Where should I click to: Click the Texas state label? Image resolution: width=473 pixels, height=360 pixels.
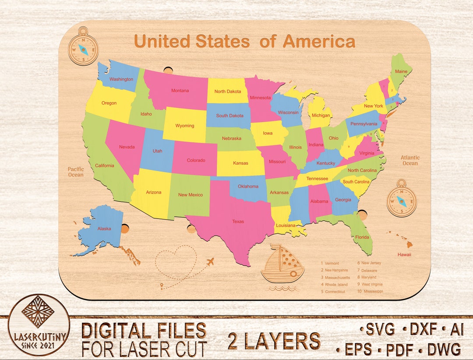click(x=238, y=222)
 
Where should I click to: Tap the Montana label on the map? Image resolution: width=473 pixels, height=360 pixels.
click(x=180, y=91)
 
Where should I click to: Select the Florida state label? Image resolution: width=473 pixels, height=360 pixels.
click(x=362, y=237)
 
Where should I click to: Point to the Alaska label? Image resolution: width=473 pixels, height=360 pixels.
click(x=104, y=229)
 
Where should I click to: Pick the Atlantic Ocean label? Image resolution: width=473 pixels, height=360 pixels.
click(x=410, y=160)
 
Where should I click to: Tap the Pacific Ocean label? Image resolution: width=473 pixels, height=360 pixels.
click(x=75, y=172)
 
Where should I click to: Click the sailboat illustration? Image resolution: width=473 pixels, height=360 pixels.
click(x=282, y=264)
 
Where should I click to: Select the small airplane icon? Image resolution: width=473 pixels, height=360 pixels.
click(x=210, y=262)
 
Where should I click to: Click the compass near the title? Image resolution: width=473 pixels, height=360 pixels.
click(x=83, y=46)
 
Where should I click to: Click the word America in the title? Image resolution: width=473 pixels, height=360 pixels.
click(x=319, y=42)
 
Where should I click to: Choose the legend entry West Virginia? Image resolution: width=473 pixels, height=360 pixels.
click(x=372, y=285)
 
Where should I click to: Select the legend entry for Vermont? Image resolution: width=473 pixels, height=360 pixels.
click(x=332, y=264)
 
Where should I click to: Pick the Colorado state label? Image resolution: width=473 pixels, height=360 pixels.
click(x=196, y=160)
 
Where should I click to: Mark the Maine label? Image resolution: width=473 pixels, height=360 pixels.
click(x=401, y=71)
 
